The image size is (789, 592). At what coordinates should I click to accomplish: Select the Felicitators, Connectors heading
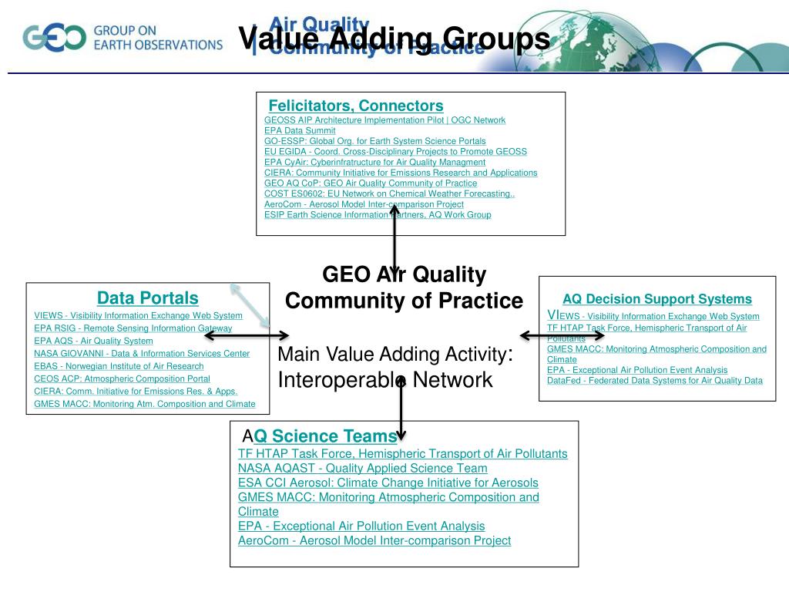(x=356, y=106)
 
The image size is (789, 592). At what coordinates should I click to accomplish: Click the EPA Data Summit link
(x=300, y=130)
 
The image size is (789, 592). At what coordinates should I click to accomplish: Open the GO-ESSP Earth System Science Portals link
(x=374, y=141)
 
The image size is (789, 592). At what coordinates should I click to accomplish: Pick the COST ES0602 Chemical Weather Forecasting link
(x=389, y=193)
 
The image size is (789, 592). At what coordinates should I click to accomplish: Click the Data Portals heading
(x=147, y=298)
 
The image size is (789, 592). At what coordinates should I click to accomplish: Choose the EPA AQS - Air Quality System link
(x=93, y=341)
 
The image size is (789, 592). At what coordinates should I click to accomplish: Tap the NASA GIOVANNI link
(x=142, y=353)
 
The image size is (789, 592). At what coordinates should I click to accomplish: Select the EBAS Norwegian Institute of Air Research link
(x=119, y=366)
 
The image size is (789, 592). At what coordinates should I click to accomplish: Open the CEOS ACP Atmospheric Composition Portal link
(x=122, y=378)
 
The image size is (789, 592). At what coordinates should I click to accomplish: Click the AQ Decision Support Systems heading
(x=656, y=299)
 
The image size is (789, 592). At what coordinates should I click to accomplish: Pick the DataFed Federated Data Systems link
(x=654, y=380)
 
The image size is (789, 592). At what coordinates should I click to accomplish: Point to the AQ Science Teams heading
(x=325, y=436)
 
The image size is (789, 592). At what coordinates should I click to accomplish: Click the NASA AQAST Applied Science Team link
(x=362, y=468)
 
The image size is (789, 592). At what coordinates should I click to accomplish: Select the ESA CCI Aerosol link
(x=388, y=483)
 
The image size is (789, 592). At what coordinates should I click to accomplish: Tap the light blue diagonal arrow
(x=249, y=304)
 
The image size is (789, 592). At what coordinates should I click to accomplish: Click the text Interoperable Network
(x=384, y=380)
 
